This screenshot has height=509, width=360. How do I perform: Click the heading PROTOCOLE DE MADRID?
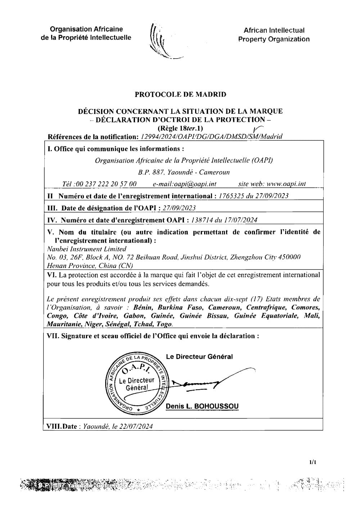click(180, 95)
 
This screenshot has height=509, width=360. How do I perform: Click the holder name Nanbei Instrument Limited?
click(87, 249)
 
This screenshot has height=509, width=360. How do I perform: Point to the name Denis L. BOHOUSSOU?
click(202, 406)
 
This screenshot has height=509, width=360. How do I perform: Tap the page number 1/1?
click(312, 462)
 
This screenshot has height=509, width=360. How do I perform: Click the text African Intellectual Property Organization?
click(274, 35)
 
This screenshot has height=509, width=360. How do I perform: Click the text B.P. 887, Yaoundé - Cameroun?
click(184, 172)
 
